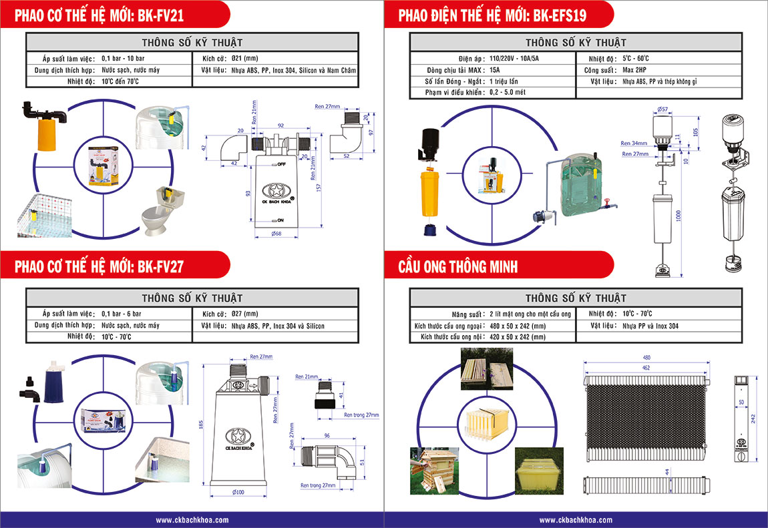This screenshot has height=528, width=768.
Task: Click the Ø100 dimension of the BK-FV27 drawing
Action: tap(238, 492)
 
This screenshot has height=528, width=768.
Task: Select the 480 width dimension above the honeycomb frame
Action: tap(647, 356)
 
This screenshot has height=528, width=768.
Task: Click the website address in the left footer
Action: tap(192, 520)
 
